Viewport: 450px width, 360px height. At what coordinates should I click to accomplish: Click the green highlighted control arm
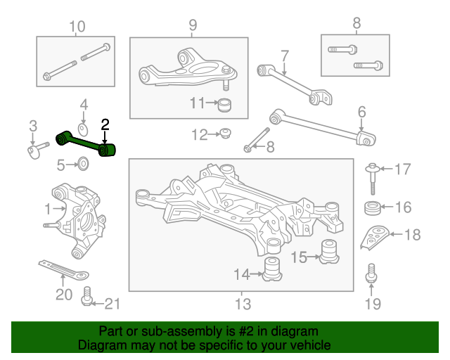(x=86, y=143)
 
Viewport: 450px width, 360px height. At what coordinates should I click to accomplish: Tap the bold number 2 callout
(x=105, y=125)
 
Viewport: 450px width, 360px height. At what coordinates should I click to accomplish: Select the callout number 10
(x=77, y=27)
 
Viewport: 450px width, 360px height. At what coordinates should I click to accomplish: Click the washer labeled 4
(x=83, y=130)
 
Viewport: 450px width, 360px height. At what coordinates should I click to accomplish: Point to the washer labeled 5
(x=83, y=164)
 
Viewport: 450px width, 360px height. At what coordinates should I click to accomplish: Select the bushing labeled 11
(x=224, y=105)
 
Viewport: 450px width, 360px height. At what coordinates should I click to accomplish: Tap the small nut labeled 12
(x=226, y=133)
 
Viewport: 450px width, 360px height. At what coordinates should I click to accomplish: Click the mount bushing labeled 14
(x=272, y=269)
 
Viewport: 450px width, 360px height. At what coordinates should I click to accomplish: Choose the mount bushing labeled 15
(x=329, y=252)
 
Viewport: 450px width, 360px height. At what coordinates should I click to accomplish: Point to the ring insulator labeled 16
(x=373, y=208)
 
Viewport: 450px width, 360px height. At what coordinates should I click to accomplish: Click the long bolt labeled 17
(x=373, y=179)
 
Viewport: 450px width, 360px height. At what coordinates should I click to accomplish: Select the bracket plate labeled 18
(x=375, y=237)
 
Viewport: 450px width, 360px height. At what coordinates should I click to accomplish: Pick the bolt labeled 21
(x=86, y=296)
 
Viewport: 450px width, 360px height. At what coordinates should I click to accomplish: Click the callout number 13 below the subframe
(x=243, y=304)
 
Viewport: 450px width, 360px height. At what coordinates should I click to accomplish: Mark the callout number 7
(x=284, y=56)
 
